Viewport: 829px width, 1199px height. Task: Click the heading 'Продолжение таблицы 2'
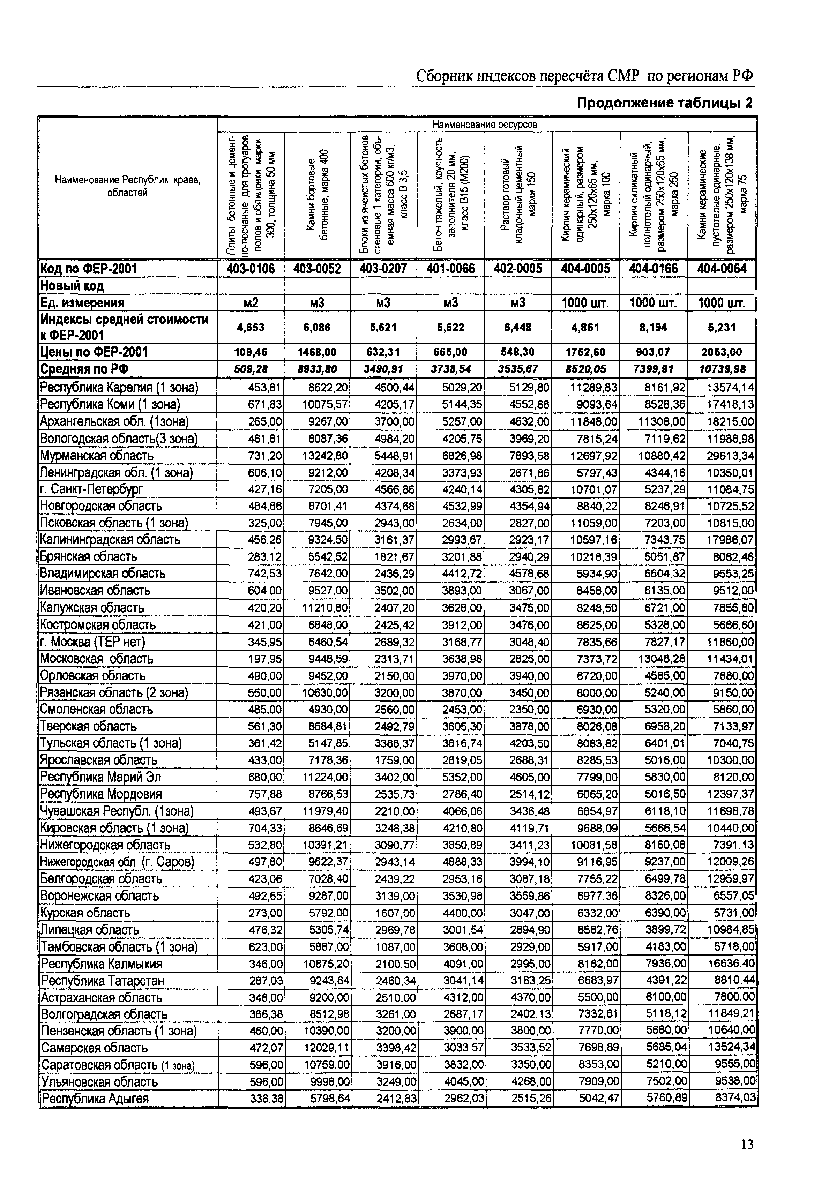tap(665, 103)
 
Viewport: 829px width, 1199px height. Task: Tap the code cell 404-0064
tap(722, 269)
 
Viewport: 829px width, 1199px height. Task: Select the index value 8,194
tap(654, 327)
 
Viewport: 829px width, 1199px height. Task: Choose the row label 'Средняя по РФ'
tap(85, 369)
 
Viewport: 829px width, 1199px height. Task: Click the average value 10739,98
tap(722, 369)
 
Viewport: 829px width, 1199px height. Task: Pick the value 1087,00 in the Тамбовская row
tap(395, 947)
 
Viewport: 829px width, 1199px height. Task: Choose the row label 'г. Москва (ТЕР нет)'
tap(93, 642)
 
